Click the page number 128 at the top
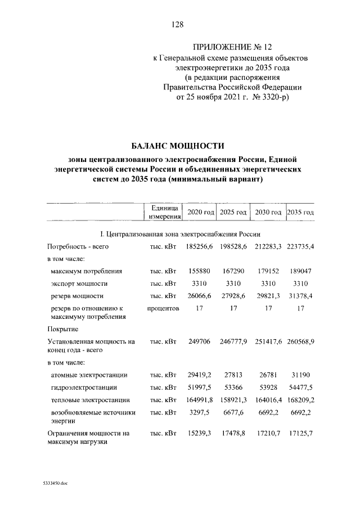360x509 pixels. (179, 24)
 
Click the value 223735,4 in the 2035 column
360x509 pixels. (300, 246)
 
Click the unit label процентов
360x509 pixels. (163, 308)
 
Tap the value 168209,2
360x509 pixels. (300, 400)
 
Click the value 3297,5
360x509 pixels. (201, 413)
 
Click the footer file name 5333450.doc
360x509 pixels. (55, 483)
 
